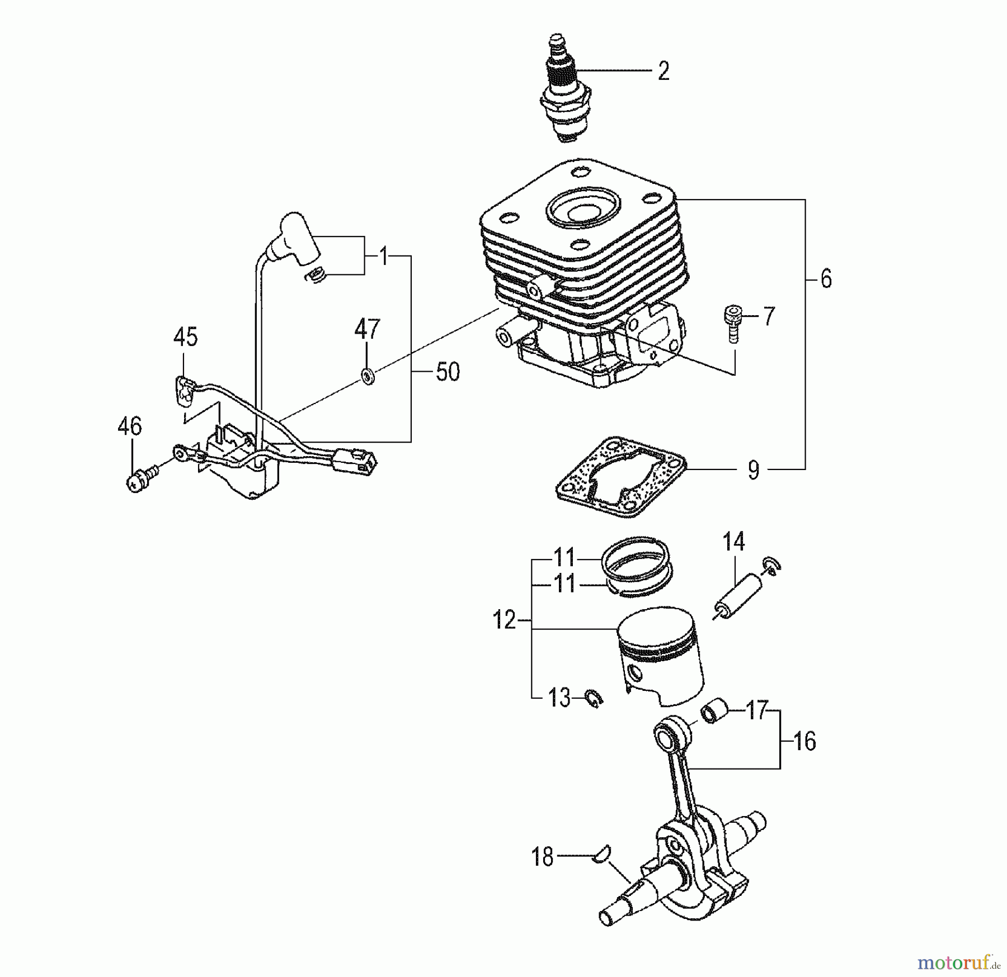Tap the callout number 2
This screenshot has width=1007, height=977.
tap(664, 72)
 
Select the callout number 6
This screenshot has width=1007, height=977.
tap(826, 278)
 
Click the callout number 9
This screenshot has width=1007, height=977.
tap(754, 470)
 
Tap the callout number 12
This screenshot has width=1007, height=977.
tap(504, 620)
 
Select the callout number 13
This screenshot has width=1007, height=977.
tap(559, 698)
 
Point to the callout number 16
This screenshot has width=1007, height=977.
tap(804, 742)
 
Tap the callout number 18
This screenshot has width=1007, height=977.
tap(542, 857)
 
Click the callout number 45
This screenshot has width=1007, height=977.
tap(185, 337)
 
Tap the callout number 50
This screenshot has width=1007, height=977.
tap(448, 372)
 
